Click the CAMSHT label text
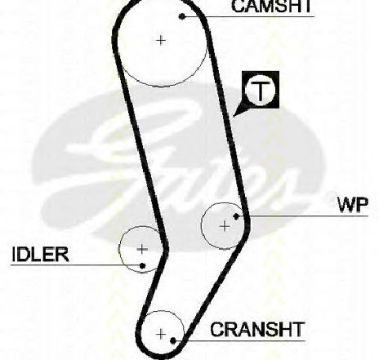click(x=271, y=6)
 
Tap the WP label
click(x=353, y=205)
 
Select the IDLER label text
click(x=40, y=254)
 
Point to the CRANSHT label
click(x=256, y=329)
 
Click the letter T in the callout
click(x=261, y=91)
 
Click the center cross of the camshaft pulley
click(x=161, y=41)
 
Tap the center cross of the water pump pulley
click(x=225, y=226)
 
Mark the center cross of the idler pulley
click(x=142, y=249)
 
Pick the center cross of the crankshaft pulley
click(x=162, y=334)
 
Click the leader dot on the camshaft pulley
click(x=182, y=16)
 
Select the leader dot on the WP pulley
click(x=236, y=216)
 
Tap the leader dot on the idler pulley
click(x=142, y=265)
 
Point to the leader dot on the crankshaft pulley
click(x=172, y=340)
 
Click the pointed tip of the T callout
click(x=234, y=116)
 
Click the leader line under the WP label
click(x=302, y=216)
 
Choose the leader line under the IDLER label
click(x=77, y=264)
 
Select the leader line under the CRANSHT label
click(x=239, y=340)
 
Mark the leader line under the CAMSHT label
click(x=248, y=16)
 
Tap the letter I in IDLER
click(x=14, y=254)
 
